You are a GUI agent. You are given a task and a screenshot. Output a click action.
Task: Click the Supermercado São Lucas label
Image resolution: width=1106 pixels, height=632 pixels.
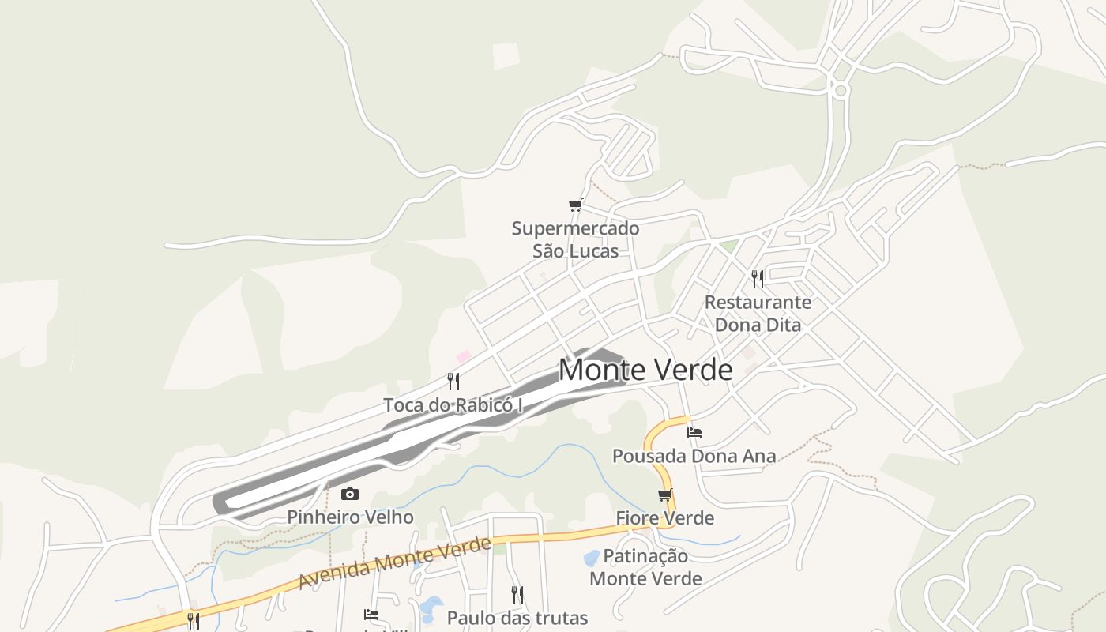(x=575, y=239)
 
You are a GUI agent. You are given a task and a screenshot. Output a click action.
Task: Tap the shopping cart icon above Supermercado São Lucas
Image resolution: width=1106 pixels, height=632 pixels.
(x=575, y=205)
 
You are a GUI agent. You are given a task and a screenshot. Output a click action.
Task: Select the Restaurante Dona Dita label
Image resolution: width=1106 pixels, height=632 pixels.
(x=758, y=313)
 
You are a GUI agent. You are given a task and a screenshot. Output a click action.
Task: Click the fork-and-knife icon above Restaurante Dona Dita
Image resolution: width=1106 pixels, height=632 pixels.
(x=758, y=278)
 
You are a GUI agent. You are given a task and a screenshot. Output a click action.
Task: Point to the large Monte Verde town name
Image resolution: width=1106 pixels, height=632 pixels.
(x=645, y=370)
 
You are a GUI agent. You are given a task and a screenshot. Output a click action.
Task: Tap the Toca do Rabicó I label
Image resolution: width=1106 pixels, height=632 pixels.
(x=453, y=405)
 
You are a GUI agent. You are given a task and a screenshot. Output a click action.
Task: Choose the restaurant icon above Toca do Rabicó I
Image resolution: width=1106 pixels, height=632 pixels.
(x=453, y=382)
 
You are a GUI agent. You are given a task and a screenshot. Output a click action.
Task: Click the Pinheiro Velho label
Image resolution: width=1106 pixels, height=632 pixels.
(x=350, y=517)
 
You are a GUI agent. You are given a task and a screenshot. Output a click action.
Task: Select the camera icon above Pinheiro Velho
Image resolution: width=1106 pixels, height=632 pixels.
(x=350, y=495)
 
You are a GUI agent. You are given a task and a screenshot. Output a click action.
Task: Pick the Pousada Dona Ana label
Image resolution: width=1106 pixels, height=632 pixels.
(x=694, y=456)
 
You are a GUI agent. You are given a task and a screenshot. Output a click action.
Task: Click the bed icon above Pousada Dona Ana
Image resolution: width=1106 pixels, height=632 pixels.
(x=694, y=432)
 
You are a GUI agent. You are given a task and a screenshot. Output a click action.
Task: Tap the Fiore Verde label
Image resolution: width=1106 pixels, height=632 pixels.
(x=665, y=518)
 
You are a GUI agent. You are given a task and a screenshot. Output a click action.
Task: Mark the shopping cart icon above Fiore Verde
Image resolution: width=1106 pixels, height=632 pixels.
(x=665, y=495)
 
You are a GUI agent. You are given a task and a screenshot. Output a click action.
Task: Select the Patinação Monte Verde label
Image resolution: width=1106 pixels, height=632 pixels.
(x=645, y=567)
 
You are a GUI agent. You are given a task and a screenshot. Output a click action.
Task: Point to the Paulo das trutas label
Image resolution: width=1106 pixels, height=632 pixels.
(x=517, y=617)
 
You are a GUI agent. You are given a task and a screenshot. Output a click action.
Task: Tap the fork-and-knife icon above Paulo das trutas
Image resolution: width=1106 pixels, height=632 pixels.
(x=517, y=594)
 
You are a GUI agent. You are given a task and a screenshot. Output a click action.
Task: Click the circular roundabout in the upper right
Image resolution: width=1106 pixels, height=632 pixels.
(x=841, y=91)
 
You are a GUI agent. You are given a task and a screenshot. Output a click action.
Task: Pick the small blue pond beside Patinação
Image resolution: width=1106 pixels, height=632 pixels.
(x=591, y=559)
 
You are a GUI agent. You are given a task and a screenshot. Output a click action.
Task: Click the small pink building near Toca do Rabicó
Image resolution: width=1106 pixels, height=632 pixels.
(x=464, y=357)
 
